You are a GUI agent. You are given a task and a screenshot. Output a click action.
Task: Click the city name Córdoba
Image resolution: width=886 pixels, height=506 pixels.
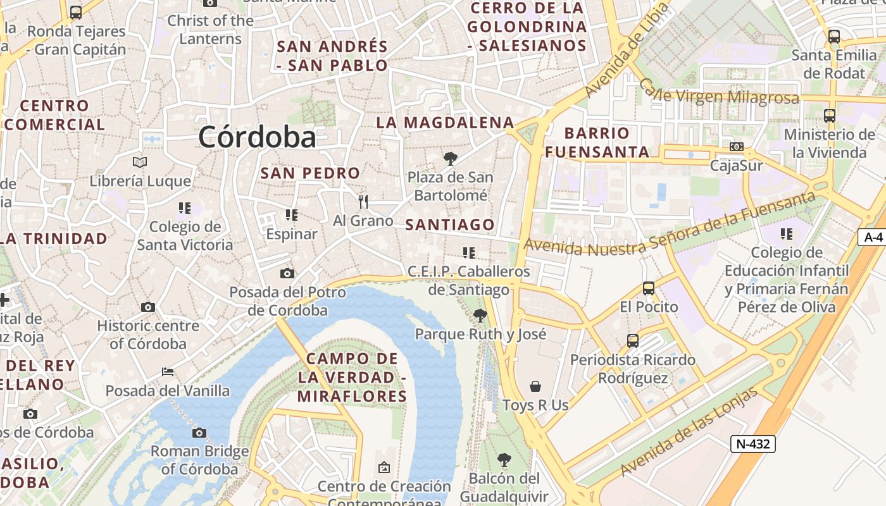(257, 137)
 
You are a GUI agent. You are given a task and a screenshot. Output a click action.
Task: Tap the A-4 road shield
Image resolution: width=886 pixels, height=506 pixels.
(873, 237)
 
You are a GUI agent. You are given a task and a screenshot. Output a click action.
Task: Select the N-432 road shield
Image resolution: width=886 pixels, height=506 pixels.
(753, 444)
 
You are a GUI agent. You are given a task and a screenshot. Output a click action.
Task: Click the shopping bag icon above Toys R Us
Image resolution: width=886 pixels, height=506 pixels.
(535, 386)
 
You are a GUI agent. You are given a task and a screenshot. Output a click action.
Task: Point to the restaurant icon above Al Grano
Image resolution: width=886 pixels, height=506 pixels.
(363, 202)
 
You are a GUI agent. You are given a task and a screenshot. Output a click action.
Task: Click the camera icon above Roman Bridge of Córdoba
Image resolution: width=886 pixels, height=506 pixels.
(199, 433)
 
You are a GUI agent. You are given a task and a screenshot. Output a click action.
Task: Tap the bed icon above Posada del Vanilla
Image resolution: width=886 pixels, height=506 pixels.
(168, 371)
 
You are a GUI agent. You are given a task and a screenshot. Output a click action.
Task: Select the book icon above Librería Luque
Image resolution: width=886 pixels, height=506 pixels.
(140, 162)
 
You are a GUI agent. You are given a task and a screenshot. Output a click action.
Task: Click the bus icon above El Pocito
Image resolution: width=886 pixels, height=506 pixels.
(649, 288)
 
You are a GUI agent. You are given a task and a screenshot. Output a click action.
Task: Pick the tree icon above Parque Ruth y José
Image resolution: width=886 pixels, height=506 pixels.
(480, 315)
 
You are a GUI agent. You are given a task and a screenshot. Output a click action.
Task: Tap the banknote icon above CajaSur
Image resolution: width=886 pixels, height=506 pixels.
(737, 147)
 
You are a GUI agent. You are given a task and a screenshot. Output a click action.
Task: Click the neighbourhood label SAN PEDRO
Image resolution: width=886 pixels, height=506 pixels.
(310, 173)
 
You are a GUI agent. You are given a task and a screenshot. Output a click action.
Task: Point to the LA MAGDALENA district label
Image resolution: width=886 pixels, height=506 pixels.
(446, 122)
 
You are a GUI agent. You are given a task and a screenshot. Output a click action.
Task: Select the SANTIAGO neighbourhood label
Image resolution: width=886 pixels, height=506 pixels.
(450, 225)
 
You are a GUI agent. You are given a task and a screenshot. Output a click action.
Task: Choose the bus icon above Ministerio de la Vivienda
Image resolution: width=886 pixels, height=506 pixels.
(830, 116)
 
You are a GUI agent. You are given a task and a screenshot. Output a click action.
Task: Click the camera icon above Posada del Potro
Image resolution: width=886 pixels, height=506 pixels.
(287, 273)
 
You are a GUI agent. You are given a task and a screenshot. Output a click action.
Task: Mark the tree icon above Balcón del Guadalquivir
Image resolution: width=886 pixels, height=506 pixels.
(504, 460)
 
